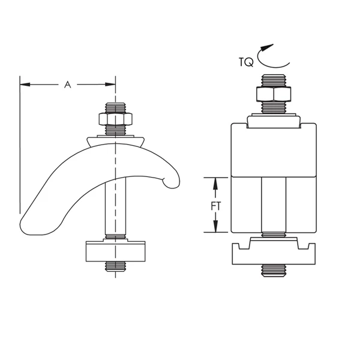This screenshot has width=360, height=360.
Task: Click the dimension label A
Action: tap(68, 85)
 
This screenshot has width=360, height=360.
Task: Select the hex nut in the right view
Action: tap(274, 95)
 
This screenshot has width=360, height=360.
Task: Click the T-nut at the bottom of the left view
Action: tap(116, 251)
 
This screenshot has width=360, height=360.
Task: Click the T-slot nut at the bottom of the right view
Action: tap(274, 253)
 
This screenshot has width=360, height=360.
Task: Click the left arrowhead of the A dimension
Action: tap(25, 85)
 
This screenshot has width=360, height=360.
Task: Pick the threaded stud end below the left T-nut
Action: tap(116, 268)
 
